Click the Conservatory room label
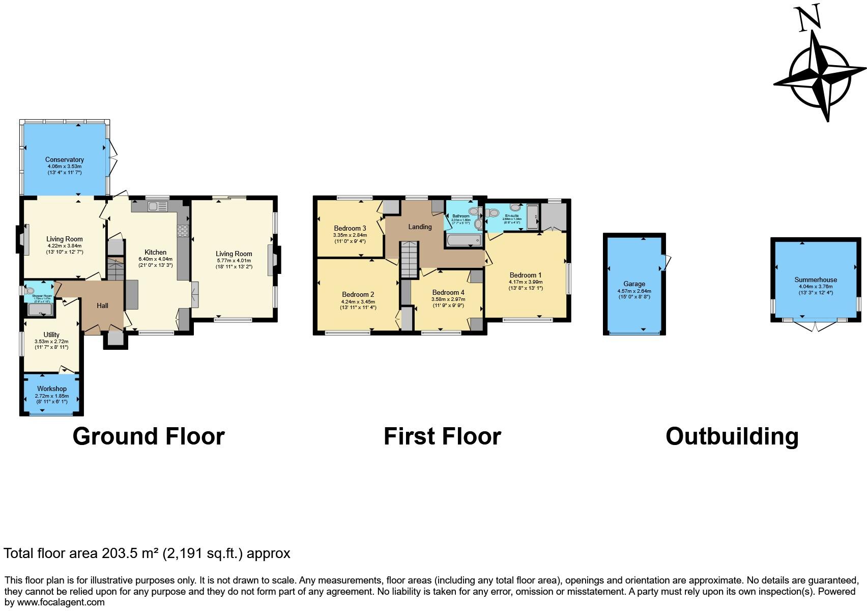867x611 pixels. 64,159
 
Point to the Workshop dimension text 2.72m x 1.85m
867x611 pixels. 51,396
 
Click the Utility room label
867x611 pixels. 51,335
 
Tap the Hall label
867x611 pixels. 102,305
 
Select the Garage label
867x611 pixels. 634,284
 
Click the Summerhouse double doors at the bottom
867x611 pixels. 815,326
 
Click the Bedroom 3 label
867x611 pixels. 350,228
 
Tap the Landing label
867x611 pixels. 420,227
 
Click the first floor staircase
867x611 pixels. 409,259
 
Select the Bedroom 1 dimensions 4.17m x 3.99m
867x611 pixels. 526,282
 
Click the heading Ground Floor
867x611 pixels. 149,436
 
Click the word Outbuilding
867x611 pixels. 732,436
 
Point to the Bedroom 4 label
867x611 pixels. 448,292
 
